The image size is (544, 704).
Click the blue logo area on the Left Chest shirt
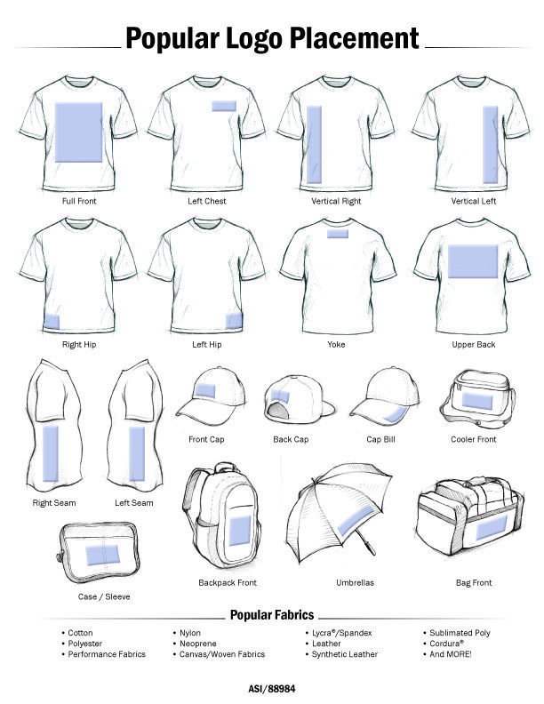coord(223,106)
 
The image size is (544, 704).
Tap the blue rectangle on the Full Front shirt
coord(78,132)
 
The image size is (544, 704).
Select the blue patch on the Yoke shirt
coord(338,234)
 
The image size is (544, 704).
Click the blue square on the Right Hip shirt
coord(52,322)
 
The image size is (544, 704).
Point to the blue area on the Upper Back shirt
coord(473,261)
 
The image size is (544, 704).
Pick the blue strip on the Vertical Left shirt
coord(490,145)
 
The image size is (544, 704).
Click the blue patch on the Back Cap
coord(280,396)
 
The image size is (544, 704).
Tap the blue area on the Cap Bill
coord(395,414)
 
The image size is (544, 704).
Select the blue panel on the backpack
coord(240,531)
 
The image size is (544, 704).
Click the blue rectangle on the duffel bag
coord(491,527)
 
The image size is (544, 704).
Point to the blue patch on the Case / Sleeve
coord(102,555)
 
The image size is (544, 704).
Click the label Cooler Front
coord(474,439)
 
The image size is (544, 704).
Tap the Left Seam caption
coord(133,503)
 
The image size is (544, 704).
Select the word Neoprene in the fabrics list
coord(198,644)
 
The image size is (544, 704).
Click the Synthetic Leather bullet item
coord(345,654)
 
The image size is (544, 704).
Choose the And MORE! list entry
coord(450,654)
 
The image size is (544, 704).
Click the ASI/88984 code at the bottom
coord(272,689)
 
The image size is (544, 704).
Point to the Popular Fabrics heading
coord(272,614)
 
